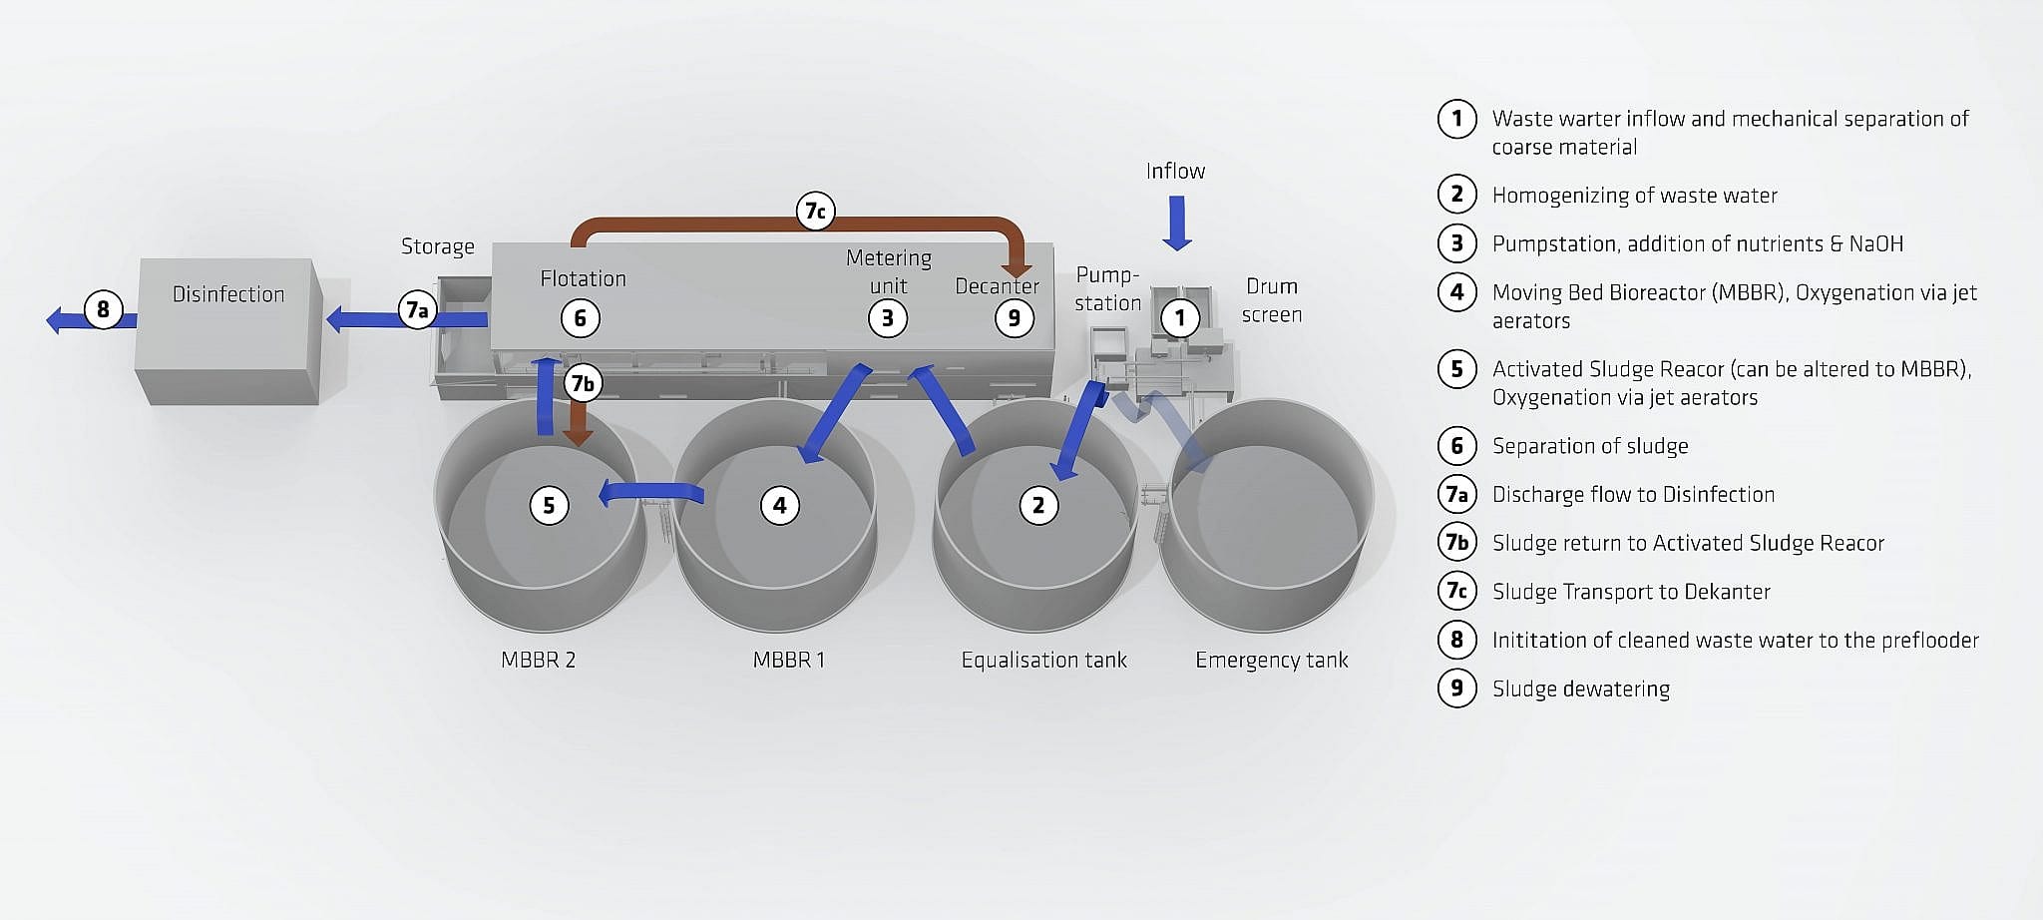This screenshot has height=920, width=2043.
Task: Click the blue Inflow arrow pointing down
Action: tap(1177, 223)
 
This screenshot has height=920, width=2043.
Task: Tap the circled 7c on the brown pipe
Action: tap(815, 211)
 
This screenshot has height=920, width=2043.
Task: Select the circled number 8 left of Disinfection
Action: tap(103, 309)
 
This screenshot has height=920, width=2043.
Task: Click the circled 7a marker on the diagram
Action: tap(417, 309)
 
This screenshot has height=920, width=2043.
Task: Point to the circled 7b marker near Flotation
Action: tap(583, 383)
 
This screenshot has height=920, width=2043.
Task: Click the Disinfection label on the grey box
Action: tap(228, 294)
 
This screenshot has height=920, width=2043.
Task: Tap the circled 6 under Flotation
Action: tap(580, 318)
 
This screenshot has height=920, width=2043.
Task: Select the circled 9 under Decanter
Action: tap(1015, 318)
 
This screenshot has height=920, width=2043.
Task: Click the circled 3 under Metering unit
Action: tap(887, 318)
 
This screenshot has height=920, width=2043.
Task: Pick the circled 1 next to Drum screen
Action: tap(1180, 318)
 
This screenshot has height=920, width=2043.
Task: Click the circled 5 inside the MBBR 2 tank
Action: tap(549, 505)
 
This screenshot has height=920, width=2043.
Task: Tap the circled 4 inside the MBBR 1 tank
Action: tap(779, 505)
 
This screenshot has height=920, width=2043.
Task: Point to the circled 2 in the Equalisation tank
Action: tap(1038, 505)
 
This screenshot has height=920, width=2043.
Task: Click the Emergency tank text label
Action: tap(1271, 660)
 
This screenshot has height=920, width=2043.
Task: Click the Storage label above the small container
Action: tap(438, 246)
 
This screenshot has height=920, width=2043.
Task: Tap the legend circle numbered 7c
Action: tap(1456, 591)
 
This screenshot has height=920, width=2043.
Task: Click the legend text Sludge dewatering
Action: tap(1580, 689)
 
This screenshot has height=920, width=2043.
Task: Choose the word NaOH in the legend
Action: tap(1875, 243)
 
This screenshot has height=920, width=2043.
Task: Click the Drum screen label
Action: tap(1271, 300)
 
